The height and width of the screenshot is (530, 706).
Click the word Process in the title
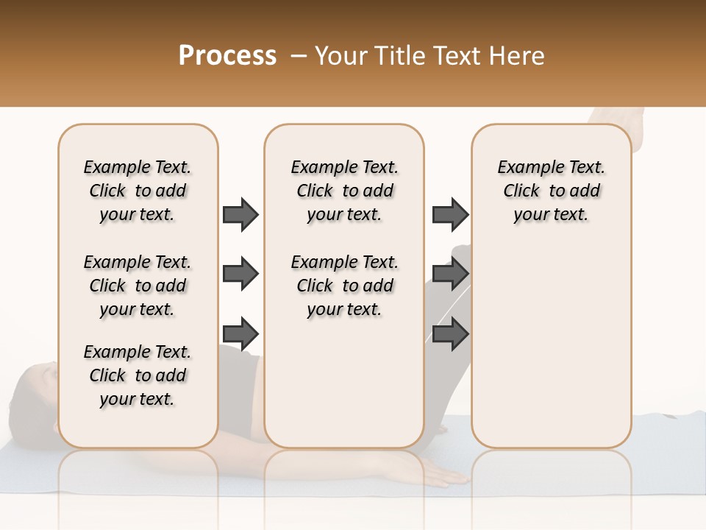(227, 55)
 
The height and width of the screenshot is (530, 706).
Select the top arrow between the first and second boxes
(240, 214)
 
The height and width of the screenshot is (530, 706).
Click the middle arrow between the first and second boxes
(240, 274)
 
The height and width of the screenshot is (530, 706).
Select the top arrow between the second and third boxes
(450, 214)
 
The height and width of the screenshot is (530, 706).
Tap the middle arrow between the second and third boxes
(450, 274)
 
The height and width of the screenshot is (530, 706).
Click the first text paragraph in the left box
(138, 191)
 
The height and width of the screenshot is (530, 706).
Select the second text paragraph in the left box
(138, 286)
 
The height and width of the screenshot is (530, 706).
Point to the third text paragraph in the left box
(138, 375)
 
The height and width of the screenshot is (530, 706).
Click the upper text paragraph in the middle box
(344, 191)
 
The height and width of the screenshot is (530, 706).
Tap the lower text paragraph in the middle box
(344, 286)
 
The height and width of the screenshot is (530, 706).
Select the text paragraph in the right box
(551, 191)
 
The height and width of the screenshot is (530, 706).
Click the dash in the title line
(298, 56)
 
